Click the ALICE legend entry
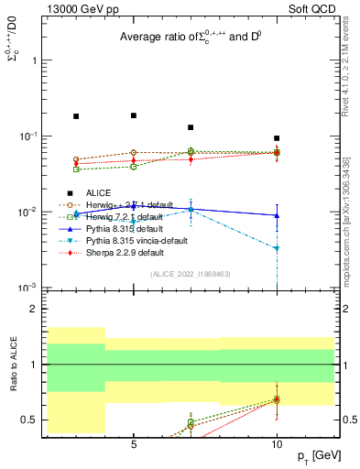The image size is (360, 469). (98, 192)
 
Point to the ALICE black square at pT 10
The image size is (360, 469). (277, 138)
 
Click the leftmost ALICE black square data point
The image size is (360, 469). (76, 116)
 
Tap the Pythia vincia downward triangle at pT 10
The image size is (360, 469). (277, 248)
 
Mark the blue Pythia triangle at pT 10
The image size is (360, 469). (277, 215)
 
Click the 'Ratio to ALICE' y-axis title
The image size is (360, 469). (14, 365)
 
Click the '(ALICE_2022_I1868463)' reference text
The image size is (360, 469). (191, 274)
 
